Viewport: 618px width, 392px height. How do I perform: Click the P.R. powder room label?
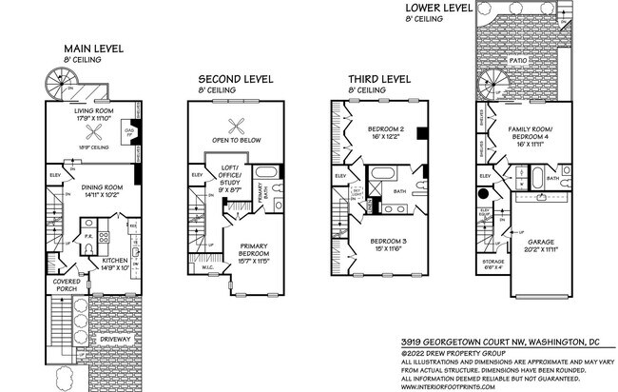[87, 234]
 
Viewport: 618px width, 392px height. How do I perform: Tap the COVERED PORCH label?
[65, 284]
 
